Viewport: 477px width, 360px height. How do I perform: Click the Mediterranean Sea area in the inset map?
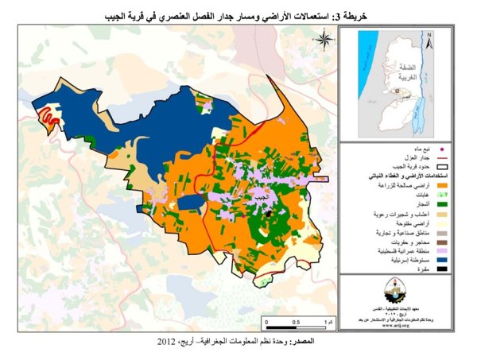tap(359, 64)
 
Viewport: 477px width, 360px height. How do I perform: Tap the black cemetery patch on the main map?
tap(270, 214)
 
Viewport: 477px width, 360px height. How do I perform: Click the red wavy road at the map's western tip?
tap(49, 118)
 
